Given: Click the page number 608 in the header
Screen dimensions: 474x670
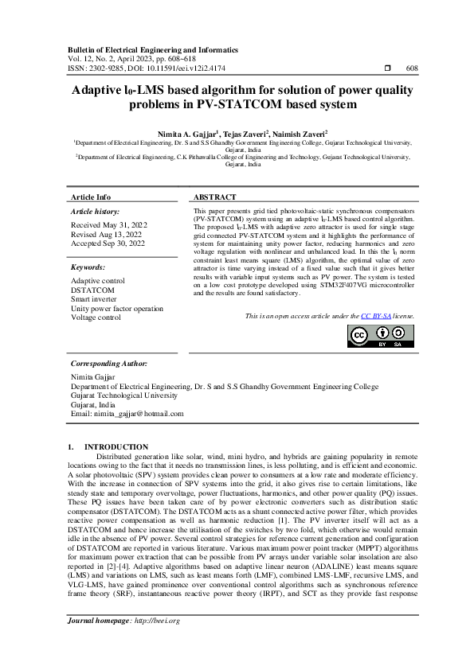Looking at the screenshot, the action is coord(412,68).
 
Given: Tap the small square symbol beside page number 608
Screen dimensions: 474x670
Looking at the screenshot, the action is coord(386,68).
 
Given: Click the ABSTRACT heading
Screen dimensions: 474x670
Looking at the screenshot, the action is coord(215,197).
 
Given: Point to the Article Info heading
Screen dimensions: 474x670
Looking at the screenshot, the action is coord(91,197).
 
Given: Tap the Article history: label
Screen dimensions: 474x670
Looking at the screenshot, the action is coord(95,212).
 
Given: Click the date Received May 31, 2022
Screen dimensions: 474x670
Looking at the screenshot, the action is coord(108,225).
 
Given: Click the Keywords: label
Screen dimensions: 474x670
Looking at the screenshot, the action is coord(88,267).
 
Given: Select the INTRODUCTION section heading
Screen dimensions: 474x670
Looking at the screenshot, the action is coord(116,447).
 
